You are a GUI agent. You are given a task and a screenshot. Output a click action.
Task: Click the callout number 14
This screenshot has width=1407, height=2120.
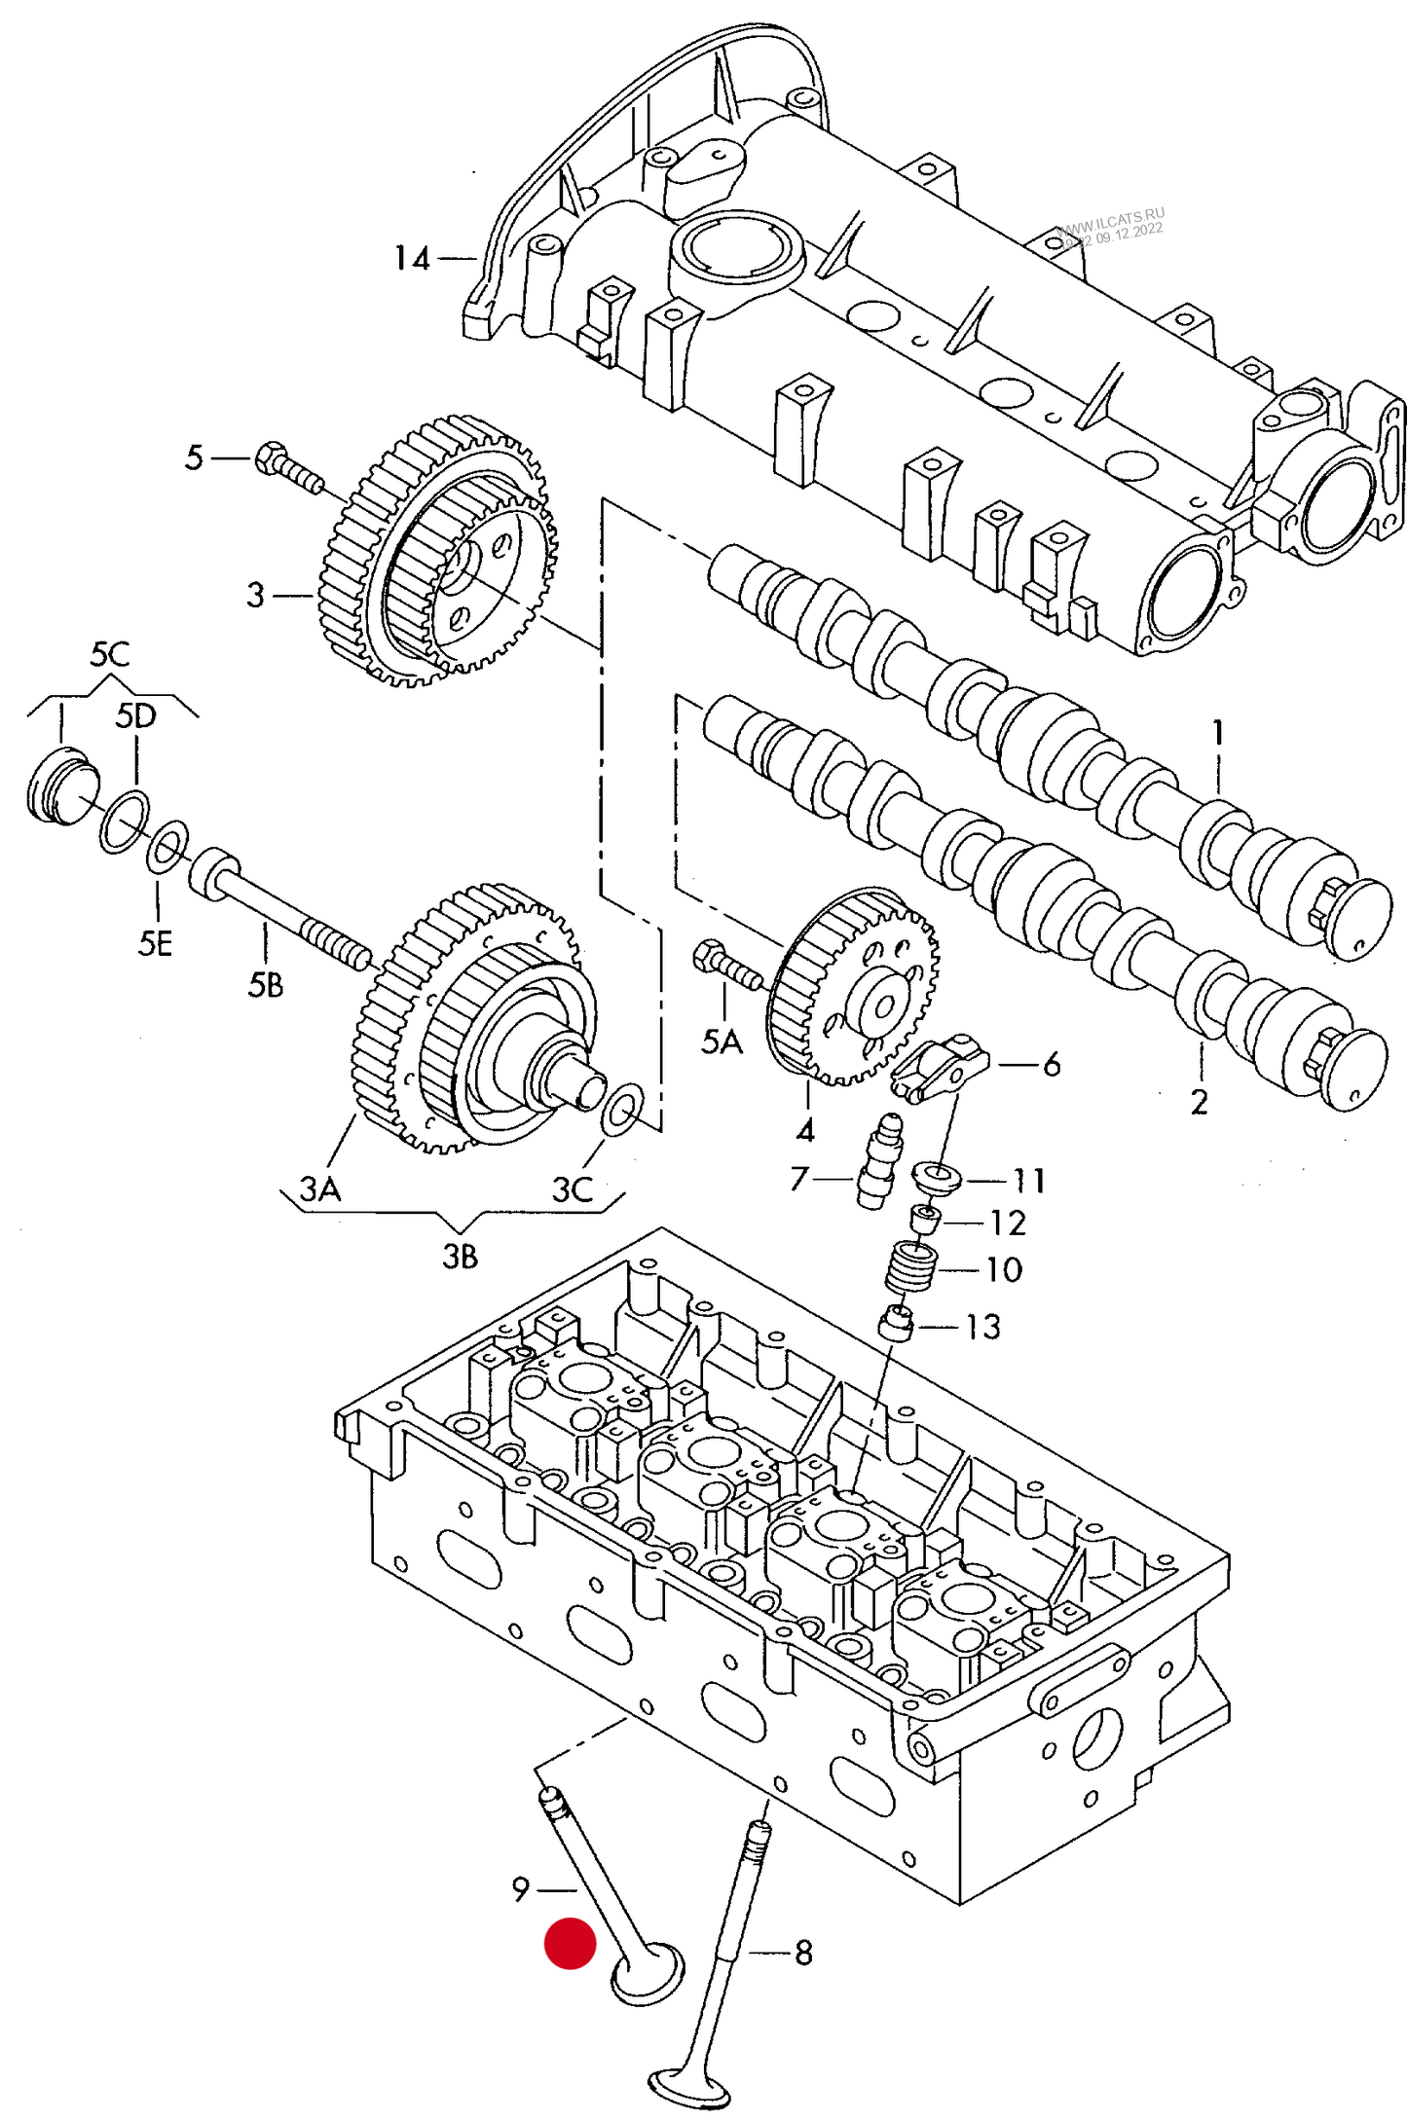[x=411, y=259]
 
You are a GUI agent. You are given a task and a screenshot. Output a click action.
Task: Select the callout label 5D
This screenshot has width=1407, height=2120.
[x=135, y=716]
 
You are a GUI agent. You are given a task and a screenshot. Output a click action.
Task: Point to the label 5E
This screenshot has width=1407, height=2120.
[x=155, y=943]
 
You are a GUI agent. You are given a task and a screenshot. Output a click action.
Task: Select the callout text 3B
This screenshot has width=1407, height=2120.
[x=461, y=1257]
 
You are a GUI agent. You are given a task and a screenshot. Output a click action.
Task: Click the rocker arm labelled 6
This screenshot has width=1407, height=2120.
[x=941, y=1068]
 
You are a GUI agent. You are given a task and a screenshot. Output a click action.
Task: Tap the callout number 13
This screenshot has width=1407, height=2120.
[x=982, y=1326]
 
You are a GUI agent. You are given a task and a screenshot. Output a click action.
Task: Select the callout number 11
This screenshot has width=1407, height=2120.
[x=1029, y=1181]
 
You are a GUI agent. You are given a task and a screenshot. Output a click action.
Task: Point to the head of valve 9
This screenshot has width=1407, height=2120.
[x=648, y=1974]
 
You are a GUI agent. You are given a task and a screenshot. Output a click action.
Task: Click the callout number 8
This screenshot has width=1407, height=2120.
[x=803, y=1953]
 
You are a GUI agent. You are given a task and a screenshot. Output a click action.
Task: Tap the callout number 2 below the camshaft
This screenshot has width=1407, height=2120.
[x=1199, y=1102]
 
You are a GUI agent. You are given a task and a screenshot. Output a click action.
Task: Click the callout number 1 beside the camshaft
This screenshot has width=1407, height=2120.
[x=1217, y=732]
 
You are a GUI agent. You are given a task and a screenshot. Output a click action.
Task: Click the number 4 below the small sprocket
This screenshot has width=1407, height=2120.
[x=805, y=1130]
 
